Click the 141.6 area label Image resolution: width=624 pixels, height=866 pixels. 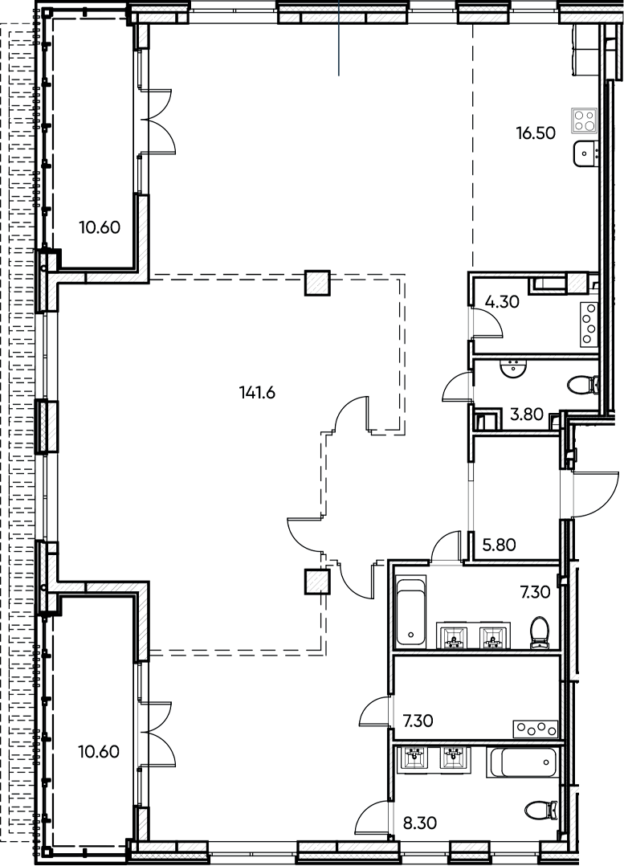point(257,393)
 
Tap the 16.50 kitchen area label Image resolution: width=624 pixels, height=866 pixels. point(536,133)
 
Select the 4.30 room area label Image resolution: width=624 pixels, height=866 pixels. point(502,302)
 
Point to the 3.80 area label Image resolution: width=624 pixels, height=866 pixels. point(527,414)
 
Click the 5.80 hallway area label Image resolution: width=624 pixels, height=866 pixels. point(500,545)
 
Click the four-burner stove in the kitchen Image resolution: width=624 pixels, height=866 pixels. point(585,120)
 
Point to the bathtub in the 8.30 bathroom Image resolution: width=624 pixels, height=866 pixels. point(521,762)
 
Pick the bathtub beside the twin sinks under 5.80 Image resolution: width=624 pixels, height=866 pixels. point(411,611)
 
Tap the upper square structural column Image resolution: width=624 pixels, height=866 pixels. point(317,283)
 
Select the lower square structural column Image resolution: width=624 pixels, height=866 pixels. point(317,582)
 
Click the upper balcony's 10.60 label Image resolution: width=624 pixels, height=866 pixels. point(100,227)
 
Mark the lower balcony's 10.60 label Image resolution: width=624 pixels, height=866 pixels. point(99,752)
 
